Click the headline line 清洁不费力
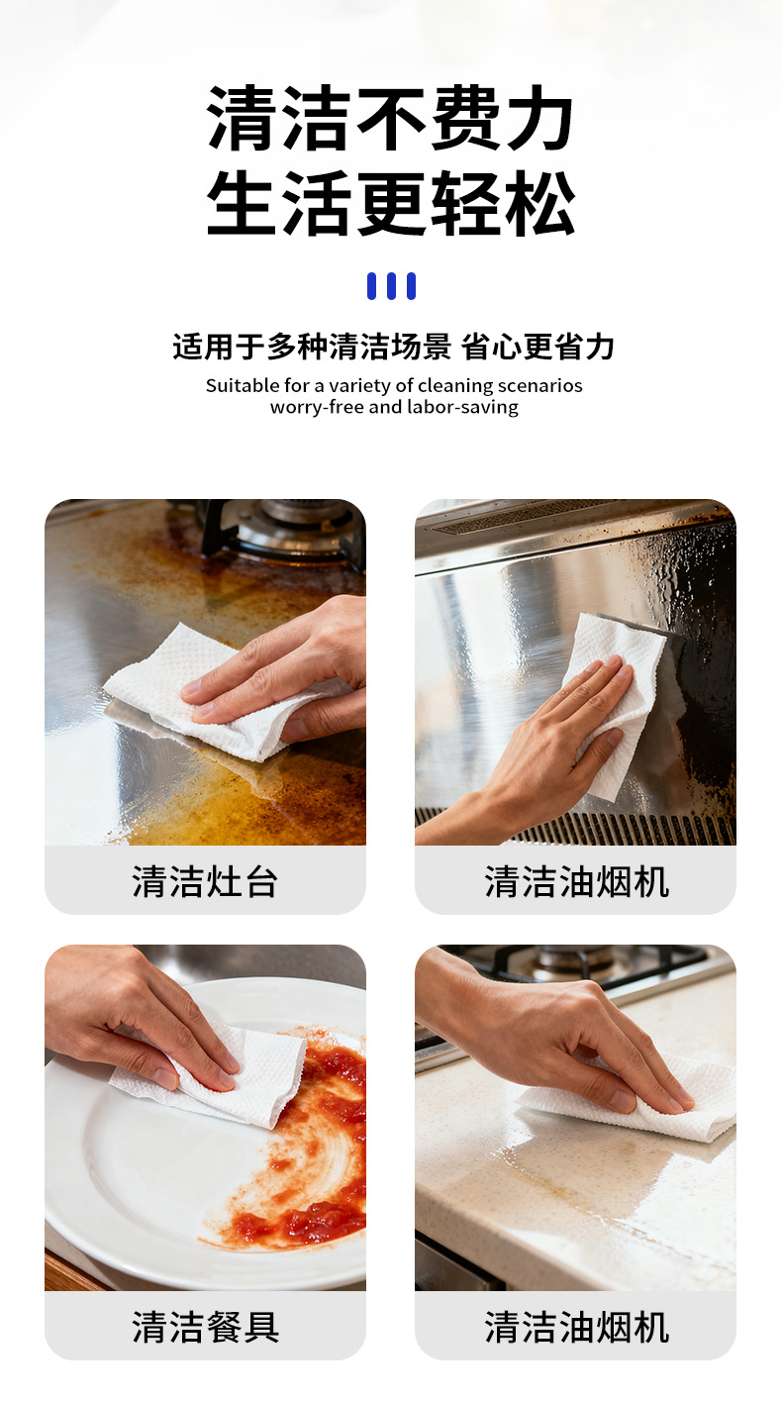point(390,119)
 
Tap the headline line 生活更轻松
point(390,203)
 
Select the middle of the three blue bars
point(391,286)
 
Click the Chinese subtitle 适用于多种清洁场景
point(311,347)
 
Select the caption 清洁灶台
point(205,880)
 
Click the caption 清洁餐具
point(205,1326)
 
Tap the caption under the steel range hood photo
point(576,880)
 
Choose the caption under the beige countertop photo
point(576,1326)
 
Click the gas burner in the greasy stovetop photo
point(287,530)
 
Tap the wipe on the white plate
point(238,1074)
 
